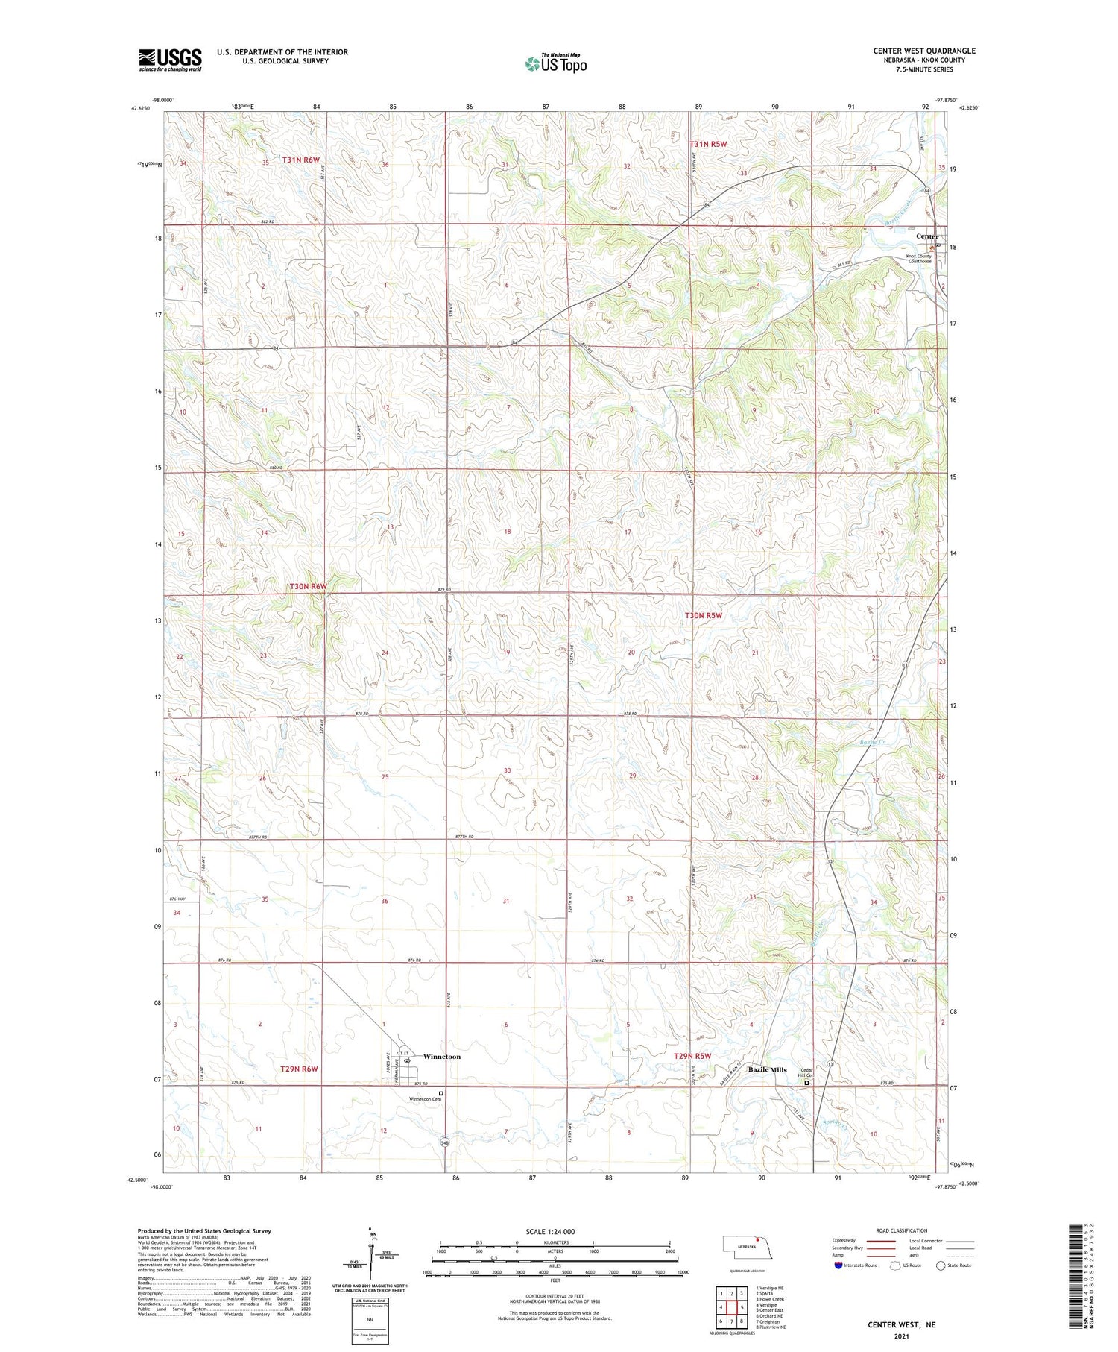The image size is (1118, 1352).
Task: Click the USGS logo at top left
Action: [170, 60]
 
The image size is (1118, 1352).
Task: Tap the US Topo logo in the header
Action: [556, 64]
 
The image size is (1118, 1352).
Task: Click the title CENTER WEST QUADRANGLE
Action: [923, 51]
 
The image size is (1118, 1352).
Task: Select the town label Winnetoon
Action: [442, 1057]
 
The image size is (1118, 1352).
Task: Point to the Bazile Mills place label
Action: [767, 1069]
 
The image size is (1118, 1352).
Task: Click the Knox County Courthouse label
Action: [919, 259]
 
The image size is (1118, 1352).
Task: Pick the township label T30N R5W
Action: [703, 615]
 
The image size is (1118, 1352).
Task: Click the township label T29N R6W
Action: [299, 1069]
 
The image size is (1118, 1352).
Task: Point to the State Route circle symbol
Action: [941, 1265]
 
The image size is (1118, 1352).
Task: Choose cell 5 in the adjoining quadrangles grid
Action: [742, 1307]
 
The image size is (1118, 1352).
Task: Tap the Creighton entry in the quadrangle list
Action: [769, 1321]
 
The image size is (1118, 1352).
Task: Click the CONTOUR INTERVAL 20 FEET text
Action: [555, 1297]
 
